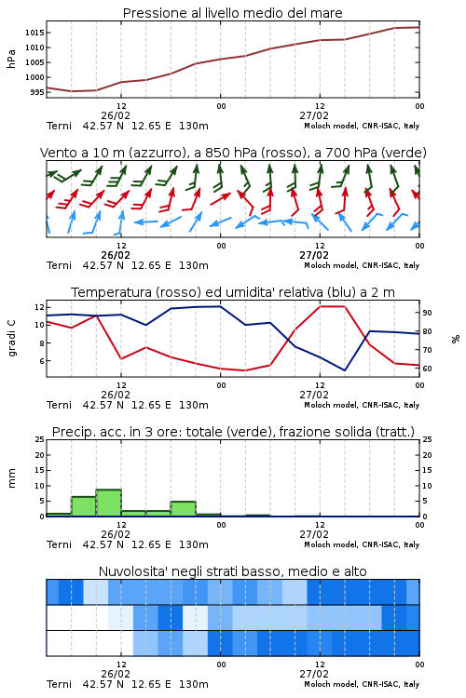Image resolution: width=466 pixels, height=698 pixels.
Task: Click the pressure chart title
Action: [232, 13]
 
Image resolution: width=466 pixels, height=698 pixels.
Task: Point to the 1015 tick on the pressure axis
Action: [34, 33]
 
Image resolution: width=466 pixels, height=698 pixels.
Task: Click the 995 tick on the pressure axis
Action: [36, 92]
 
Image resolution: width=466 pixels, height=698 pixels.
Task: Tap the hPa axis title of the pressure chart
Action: [11, 59]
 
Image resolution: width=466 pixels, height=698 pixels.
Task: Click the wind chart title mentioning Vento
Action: [233, 153]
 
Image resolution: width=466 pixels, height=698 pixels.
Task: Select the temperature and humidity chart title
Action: [233, 292]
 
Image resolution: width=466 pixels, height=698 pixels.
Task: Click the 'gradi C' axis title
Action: [11, 339]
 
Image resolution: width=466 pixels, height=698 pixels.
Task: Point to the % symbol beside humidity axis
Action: [456, 339]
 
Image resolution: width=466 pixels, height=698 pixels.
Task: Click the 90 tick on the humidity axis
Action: [427, 313]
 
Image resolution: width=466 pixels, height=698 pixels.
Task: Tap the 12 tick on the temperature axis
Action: [39, 307]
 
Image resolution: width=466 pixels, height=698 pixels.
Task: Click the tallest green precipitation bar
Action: [109, 503]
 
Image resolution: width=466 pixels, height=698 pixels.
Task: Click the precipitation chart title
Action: [233, 432]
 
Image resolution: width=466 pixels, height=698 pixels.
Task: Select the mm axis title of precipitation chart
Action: [11, 478]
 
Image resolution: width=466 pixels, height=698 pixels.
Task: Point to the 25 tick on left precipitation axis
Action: [39, 439]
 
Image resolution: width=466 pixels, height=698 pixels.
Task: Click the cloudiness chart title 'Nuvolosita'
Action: [232, 571]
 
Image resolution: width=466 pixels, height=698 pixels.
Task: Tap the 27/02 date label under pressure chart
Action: [314, 115]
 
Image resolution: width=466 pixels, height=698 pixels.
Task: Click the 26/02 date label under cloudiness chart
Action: [116, 674]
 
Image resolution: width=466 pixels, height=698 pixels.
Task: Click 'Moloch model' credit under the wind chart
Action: [331, 265]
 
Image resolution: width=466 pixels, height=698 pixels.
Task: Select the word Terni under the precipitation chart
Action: [59, 544]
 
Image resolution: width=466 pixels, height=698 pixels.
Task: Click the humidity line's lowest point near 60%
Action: [345, 369]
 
